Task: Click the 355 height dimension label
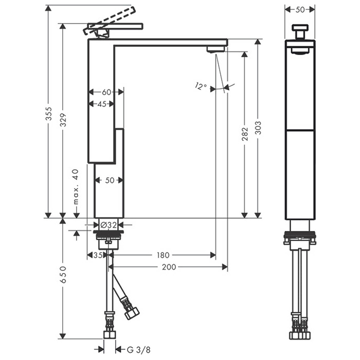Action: coord(49,114)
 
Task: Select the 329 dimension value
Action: coord(63,120)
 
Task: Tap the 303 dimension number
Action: coord(258,128)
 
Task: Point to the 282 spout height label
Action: coord(245,134)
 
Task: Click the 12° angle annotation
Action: coord(201,86)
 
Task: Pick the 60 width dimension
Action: coord(106,92)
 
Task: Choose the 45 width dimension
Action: coord(102,104)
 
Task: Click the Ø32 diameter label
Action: coord(109,225)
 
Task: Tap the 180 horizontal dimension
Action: coord(163,255)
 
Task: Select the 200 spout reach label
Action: coord(169,267)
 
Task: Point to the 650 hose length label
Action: coord(63,275)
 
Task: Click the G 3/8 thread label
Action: coord(139,350)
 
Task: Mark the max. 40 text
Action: coord(76,187)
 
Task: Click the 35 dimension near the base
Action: coord(98,255)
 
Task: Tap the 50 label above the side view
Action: coord(300,10)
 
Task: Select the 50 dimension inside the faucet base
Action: coord(110,181)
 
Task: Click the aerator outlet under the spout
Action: coord(215,49)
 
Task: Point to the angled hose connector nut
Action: coord(132,313)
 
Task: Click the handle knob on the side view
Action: coord(300,32)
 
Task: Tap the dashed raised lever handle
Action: coord(110,21)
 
